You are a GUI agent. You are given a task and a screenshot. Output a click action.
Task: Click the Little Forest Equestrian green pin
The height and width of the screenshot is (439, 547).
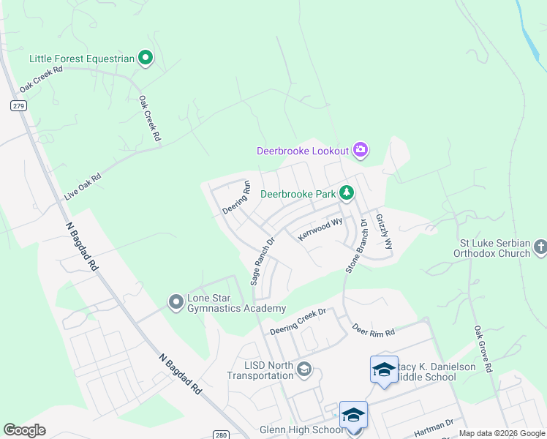146,58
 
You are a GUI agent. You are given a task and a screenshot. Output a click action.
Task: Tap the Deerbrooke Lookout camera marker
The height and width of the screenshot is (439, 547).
360,151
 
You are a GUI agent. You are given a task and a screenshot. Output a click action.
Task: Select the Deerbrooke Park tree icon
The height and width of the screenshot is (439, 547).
346,194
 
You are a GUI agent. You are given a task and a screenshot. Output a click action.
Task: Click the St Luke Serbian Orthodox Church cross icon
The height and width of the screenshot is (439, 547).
540,247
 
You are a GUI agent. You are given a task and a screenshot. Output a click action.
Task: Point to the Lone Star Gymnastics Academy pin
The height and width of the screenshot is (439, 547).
176,301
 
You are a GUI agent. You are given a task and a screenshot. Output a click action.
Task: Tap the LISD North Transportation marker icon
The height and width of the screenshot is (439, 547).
303,369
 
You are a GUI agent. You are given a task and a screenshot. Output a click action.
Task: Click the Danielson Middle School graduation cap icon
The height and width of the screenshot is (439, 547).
383,369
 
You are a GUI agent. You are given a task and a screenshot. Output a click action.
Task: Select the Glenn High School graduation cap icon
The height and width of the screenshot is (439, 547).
353,415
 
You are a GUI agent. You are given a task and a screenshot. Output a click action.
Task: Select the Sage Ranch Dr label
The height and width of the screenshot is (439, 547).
262,260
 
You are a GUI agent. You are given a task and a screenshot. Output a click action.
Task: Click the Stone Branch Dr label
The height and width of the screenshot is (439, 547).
356,247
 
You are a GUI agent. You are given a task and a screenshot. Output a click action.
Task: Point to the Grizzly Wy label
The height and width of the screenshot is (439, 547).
384,231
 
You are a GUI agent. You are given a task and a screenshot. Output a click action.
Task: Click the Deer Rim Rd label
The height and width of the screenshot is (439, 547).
373,330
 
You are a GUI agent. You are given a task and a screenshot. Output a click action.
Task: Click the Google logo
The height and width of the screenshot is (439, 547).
25,430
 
